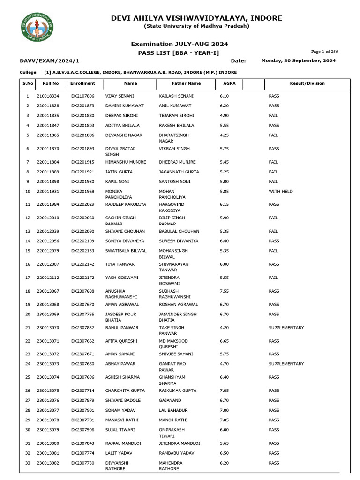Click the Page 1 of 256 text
[324, 52]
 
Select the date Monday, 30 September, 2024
[298, 61]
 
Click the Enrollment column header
[82, 83]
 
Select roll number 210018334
[48, 96]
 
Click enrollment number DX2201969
[82, 191]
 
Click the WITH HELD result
[280, 191]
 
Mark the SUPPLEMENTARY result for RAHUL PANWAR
[286, 328]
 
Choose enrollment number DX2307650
[82, 364]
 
